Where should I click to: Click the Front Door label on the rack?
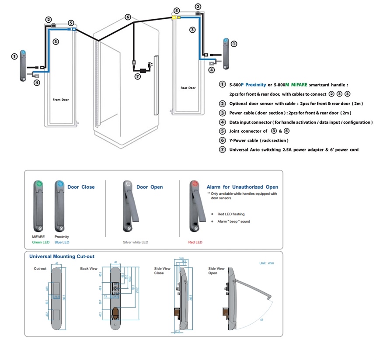(60, 100)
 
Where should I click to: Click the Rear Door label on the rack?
(188, 88)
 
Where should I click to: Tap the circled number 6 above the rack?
(128, 17)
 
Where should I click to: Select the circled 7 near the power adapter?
(138, 76)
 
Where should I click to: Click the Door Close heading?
(81, 187)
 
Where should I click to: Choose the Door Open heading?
(150, 187)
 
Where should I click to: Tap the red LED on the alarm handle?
(195, 184)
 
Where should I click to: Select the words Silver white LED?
(136, 242)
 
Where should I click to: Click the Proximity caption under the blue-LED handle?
(62, 237)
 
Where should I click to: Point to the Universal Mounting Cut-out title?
(62, 256)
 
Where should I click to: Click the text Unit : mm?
(267, 263)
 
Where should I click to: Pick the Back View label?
(89, 268)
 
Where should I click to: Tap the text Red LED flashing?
(231, 214)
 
